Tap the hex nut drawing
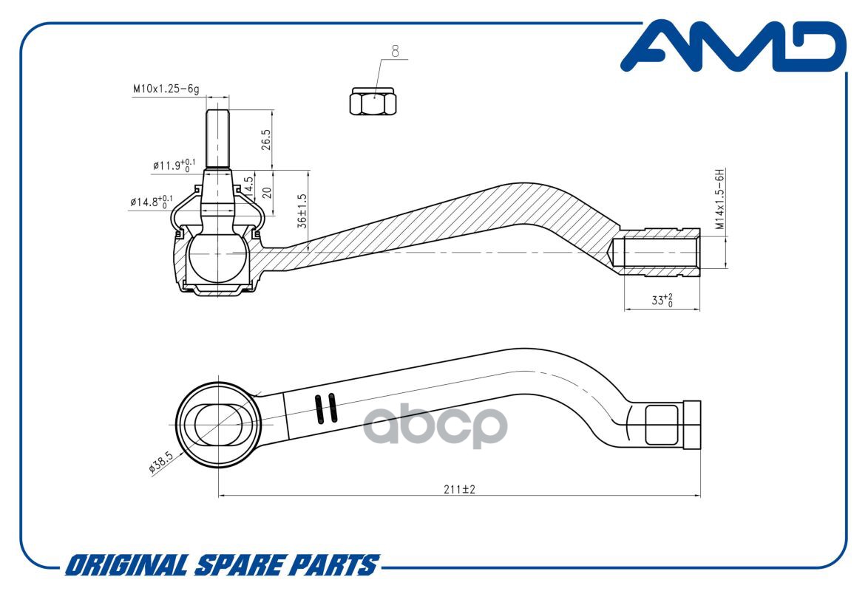tap(373, 101)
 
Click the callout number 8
tap(396, 52)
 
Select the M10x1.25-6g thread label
tap(166, 89)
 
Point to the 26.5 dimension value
tap(266, 140)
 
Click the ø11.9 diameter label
tap(174, 165)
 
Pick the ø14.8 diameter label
tap(151, 202)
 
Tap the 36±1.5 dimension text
tap(302, 211)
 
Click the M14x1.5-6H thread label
tap(719, 199)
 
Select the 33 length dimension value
tap(662, 301)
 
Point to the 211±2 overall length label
tap(459, 489)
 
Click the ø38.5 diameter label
tap(161, 462)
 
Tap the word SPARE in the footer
tap(240, 566)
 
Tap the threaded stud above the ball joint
tap(217, 139)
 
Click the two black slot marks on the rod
tap(325, 409)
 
